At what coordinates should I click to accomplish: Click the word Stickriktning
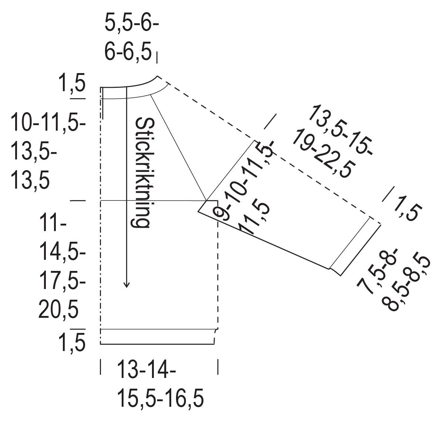coord(143,172)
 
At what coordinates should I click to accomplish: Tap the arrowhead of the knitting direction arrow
coord(126,285)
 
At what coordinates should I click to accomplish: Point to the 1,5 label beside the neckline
coord(72,82)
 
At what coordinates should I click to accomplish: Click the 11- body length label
coord(53,223)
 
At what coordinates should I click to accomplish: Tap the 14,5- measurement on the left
coord(62,252)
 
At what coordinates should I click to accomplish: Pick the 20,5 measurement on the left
coord(58,310)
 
